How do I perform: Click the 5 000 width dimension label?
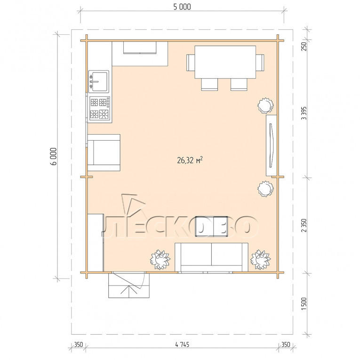182,7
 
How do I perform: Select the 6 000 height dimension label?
54,156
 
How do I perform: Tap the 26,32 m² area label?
190,160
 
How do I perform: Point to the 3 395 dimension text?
304,113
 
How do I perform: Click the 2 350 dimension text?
304,225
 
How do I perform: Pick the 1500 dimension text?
304,304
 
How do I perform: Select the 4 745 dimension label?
182,344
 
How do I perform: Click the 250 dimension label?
304,47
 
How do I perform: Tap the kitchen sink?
99,81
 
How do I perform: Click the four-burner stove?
99,109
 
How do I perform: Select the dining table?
225,62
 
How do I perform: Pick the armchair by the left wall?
104,152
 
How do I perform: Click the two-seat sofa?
211,257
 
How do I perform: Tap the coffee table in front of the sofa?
211,226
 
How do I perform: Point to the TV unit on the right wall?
272,145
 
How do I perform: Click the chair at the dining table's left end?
191,63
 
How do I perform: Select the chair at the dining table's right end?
260,63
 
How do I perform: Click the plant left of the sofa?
160,259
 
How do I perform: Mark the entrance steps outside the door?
129,286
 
